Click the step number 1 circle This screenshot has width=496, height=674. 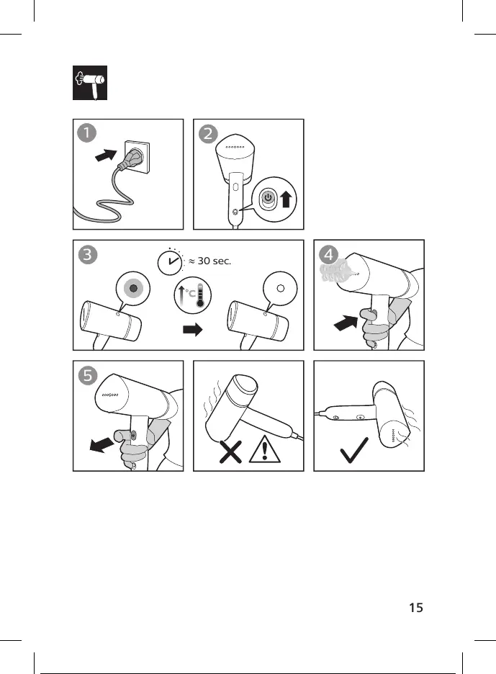(86, 134)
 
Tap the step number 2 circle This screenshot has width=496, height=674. (207, 134)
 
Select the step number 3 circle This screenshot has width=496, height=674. (86, 255)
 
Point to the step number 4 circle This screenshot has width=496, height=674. (328, 255)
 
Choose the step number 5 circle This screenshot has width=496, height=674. (86, 375)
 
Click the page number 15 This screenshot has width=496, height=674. (415, 607)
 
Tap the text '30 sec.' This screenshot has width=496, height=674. (214, 261)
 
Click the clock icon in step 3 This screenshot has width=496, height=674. (170, 262)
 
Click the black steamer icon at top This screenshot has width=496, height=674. (89, 85)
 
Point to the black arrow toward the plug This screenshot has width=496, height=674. (107, 155)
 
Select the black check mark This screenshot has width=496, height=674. (357, 450)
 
